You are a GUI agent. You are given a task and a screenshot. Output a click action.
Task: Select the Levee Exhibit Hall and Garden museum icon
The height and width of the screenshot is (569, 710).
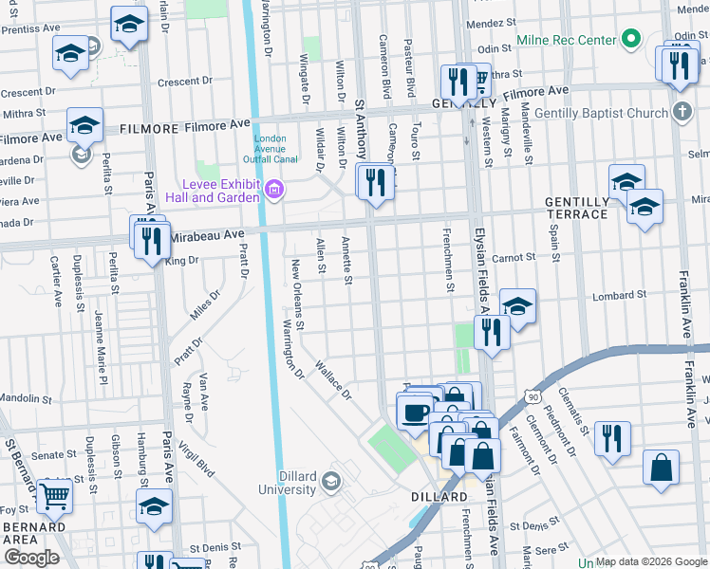pos(275,190)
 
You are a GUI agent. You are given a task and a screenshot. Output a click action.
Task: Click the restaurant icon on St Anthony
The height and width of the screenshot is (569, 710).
pos(377,181)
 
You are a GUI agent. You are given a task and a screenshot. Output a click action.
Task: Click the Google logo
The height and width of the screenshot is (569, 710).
pos(31,557)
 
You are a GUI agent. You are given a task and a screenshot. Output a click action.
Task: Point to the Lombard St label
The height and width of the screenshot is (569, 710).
pos(612,296)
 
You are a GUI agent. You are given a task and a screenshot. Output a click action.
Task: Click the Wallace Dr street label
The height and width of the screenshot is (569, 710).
pos(333,379)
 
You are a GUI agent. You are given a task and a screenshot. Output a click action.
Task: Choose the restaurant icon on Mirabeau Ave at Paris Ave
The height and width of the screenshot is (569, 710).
pos(152,241)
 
